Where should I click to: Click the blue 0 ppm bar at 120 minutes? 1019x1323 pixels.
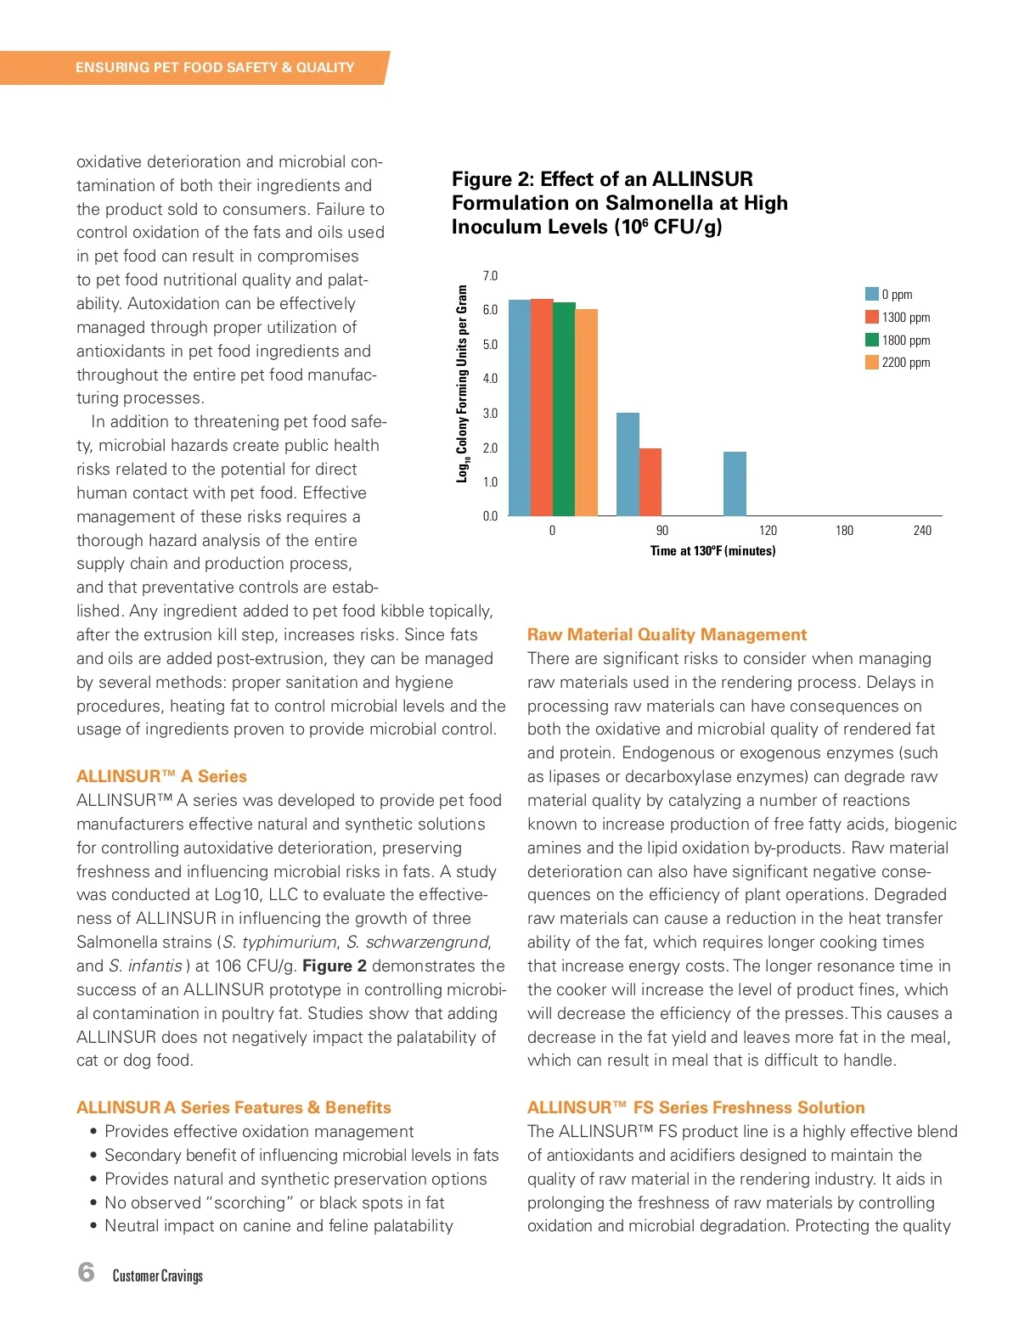click(x=735, y=484)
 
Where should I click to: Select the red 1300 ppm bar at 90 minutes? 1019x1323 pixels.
click(x=650, y=481)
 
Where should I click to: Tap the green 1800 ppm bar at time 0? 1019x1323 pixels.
click(x=564, y=409)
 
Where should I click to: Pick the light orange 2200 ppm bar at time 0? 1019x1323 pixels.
click(x=587, y=413)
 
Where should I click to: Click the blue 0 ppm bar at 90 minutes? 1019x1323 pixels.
click(x=628, y=464)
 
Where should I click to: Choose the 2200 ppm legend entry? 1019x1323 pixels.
click(x=898, y=363)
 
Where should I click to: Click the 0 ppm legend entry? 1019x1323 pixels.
click(x=889, y=295)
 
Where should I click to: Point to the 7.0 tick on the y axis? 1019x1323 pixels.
click(x=490, y=276)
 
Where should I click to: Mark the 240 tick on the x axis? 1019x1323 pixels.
click(x=922, y=531)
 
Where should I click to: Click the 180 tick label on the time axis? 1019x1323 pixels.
click(x=844, y=531)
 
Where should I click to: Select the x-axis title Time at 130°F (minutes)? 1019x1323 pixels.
click(x=712, y=551)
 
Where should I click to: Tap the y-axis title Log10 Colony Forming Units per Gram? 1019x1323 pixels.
click(x=462, y=384)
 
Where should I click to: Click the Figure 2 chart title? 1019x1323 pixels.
click(x=620, y=203)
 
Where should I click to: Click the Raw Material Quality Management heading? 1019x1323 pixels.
click(x=667, y=634)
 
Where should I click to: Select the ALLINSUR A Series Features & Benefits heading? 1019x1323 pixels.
click(x=234, y=1107)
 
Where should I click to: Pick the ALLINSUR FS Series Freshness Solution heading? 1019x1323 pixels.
click(x=695, y=1107)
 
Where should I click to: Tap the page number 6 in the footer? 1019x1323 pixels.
click(x=86, y=1272)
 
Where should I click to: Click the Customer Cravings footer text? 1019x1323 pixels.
click(x=158, y=1276)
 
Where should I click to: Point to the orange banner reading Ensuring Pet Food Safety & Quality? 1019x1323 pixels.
click(x=214, y=68)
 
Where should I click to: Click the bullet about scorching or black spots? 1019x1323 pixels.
click(x=274, y=1202)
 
